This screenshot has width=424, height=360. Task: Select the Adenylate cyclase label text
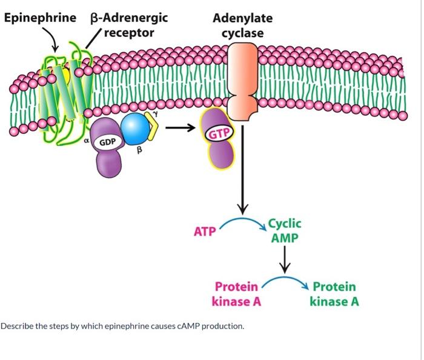coord(242,25)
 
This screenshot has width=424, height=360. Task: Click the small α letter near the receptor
coord(87,139)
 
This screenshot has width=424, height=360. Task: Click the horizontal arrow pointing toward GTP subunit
coord(181,128)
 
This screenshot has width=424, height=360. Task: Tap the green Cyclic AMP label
coord(284,230)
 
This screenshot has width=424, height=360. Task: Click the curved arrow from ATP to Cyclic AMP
coord(243,222)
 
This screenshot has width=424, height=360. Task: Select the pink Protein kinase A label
coord(236,293)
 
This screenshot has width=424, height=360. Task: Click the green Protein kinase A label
coord(334,293)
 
